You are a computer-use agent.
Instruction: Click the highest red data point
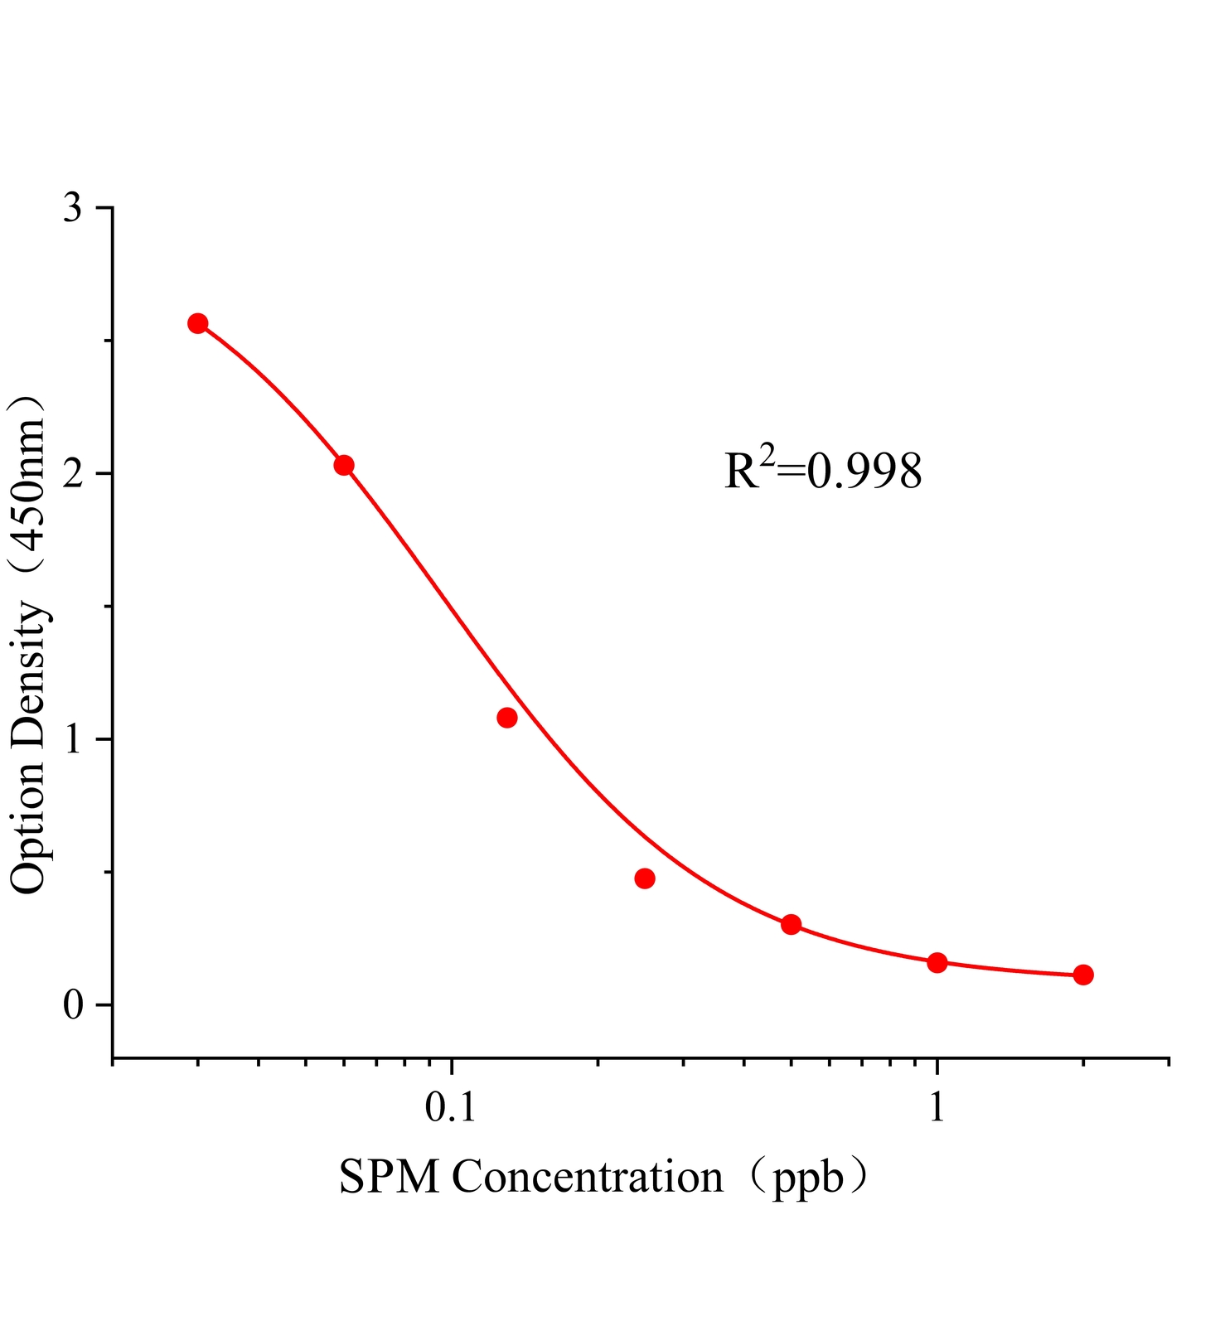click(197, 323)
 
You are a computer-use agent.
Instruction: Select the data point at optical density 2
click(344, 465)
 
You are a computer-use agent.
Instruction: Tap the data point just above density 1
click(507, 718)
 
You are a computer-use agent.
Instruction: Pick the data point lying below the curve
click(645, 878)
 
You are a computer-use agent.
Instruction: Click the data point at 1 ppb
click(937, 962)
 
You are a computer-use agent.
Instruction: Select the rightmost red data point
click(1083, 975)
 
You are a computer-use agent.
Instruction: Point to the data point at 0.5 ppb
click(792, 924)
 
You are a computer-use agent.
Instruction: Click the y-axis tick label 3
click(74, 208)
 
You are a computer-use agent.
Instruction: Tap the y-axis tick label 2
click(74, 474)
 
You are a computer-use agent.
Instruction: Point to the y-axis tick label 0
click(74, 1005)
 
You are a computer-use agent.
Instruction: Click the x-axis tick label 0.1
click(451, 1108)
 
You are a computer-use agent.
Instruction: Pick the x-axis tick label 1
click(937, 1108)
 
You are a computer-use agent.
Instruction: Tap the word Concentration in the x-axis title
click(587, 1177)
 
